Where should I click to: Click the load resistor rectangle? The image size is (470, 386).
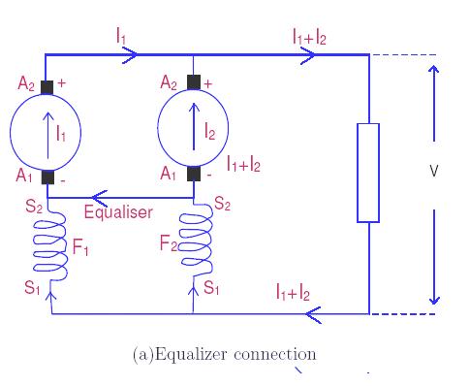pos(368,172)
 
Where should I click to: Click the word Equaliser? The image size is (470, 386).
pos(117,211)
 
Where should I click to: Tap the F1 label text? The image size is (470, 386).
pos(81,249)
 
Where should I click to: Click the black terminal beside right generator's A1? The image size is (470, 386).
pos(195,175)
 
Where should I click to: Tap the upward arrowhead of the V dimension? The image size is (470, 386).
pos(434,70)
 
